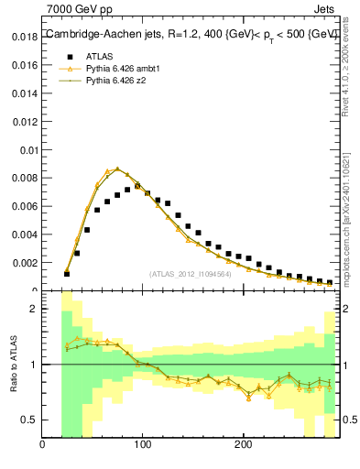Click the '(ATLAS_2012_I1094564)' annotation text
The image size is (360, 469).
coord(190,273)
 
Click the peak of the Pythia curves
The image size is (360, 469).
coord(116,169)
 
